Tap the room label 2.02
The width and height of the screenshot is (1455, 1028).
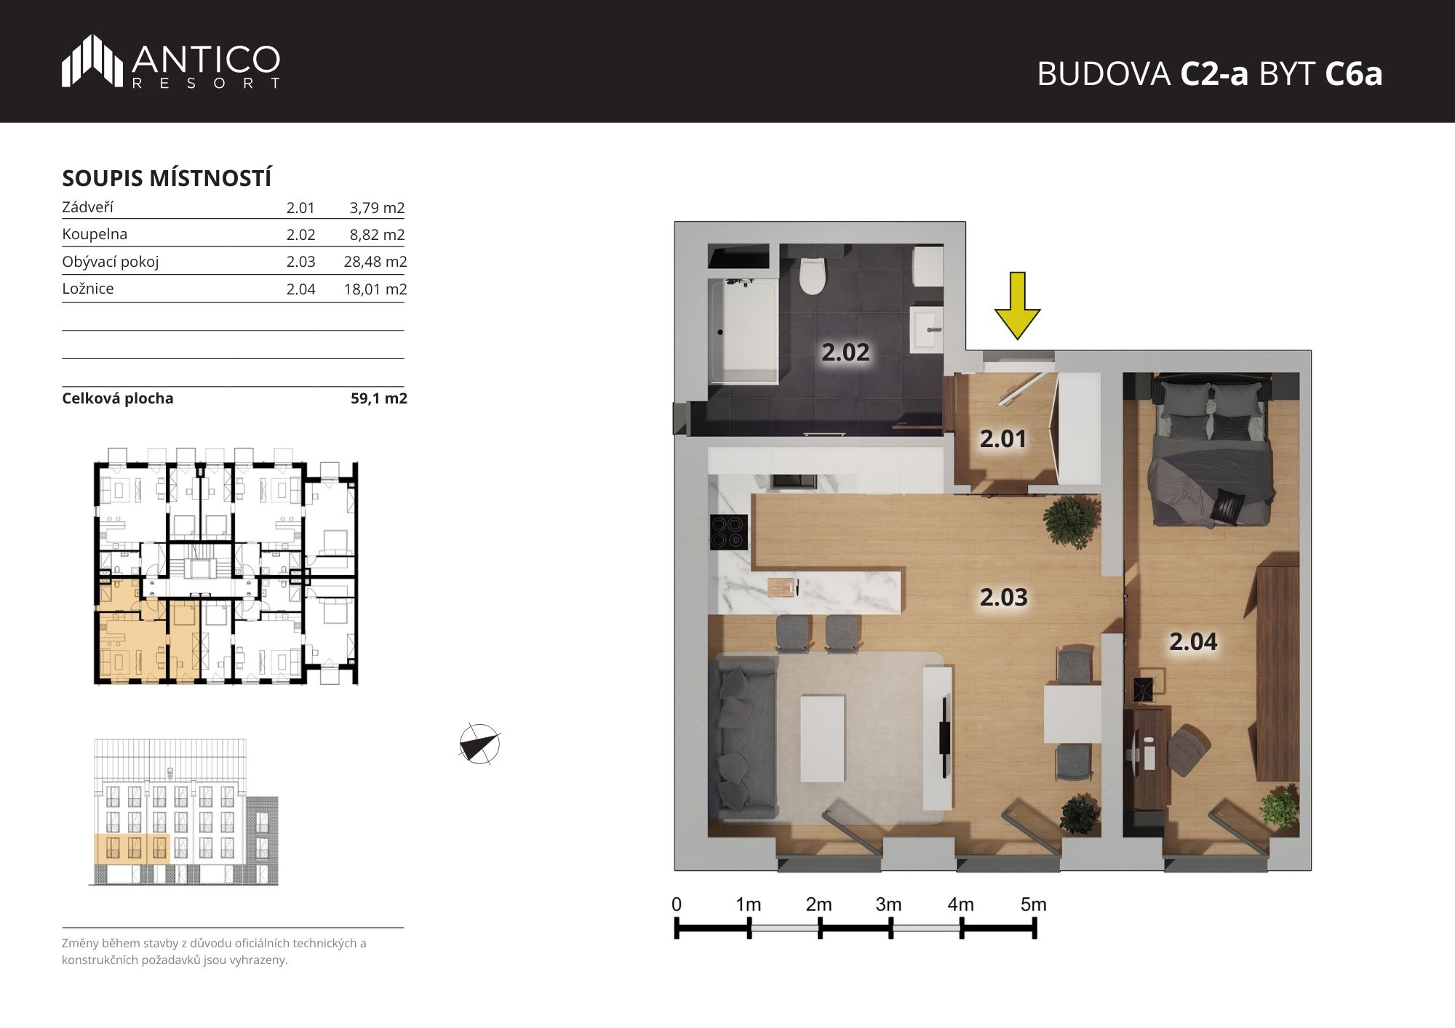(845, 353)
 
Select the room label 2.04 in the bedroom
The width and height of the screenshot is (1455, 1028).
(1193, 641)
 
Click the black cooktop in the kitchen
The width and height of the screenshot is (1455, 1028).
(728, 531)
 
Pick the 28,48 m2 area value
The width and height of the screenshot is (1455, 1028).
(375, 262)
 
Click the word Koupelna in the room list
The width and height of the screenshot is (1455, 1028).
(95, 234)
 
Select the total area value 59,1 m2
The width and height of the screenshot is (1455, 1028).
(379, 398)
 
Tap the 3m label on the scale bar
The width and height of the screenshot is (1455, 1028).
(888, 904)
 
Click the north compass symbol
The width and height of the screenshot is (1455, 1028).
(479, 744)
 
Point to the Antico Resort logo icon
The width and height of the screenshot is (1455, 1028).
(92, 60)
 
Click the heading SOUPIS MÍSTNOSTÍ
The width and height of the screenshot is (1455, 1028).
(167, 178)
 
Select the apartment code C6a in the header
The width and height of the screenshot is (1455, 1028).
(1353, 73)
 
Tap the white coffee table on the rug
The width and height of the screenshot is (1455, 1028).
(823, 739)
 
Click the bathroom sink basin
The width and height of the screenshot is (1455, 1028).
(926, 329)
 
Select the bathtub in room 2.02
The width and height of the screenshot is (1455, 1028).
(744, 332)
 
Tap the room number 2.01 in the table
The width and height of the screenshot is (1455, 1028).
(300, 208)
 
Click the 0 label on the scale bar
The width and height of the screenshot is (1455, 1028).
(677, 904)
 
